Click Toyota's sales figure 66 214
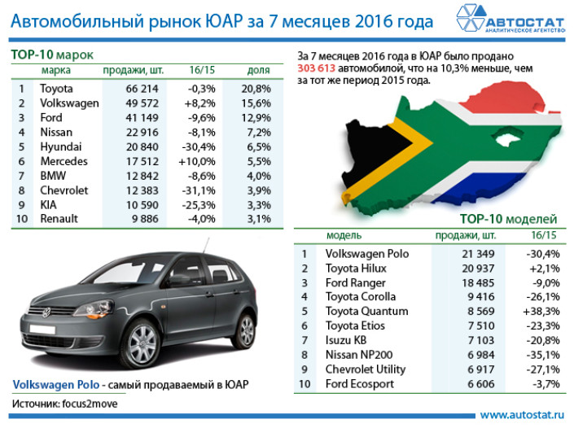click(x=142, y=89)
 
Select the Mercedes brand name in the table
click(x=64, y=161)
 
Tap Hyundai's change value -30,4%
click(x=199, y=147)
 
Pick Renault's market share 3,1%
click(x=259, y=219)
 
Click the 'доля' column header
click(x=258, y=70)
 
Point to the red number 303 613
click(x=316, y=68)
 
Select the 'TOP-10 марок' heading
click(x=52, y=55)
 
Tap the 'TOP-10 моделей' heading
click(x=508, y=219)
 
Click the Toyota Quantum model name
click(x=367, y=312)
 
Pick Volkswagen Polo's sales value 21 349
click(x=478, y=254)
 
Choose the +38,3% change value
click(x=541, y=312)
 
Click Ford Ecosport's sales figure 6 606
click(x=481, y=384)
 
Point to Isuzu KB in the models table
click(x=346, y=340)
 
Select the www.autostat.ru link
click(x=522, y=415)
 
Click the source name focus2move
click(x=90, y=404)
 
